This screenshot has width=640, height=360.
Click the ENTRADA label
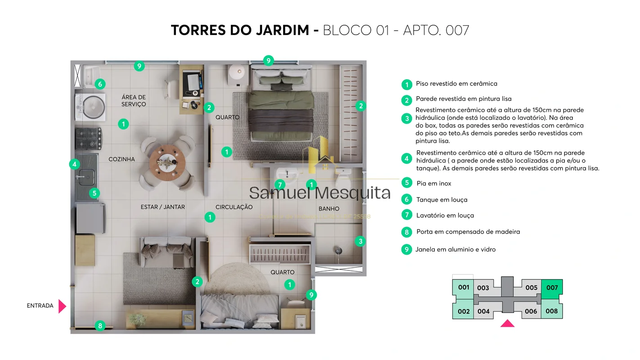40,306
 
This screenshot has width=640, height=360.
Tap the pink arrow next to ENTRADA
62,306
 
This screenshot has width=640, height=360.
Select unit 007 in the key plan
552,288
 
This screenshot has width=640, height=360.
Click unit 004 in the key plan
483,311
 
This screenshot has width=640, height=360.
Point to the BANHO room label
329,209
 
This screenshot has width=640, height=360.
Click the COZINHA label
122,159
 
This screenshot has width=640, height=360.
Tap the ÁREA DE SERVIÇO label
134,101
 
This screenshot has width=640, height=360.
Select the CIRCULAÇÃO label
234,207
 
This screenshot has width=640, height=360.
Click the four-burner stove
88,139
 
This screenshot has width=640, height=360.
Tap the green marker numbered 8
100,326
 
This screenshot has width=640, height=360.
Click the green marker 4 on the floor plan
74,164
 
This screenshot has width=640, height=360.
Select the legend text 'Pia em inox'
433,184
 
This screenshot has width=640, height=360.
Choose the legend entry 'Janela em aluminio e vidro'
455,250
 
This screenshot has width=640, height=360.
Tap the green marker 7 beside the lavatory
279,184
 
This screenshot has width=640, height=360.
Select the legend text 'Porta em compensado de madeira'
468,232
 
